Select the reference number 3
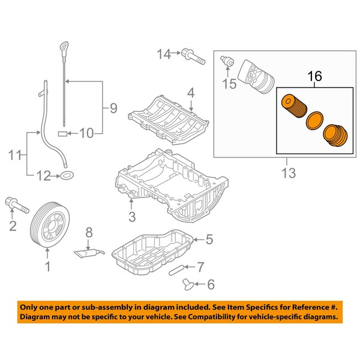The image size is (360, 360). pyautogui.click(x=132, y=216)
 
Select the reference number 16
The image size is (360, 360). pyautogui.click(x=314, y=77)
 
